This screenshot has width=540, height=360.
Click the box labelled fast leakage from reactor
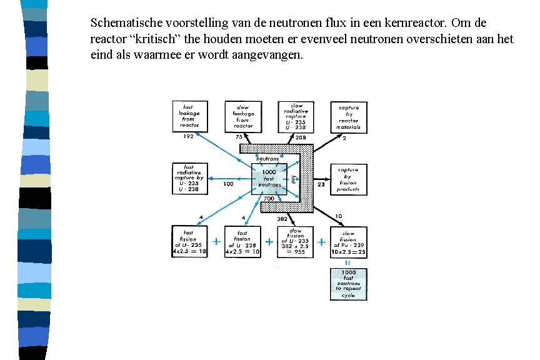tap(189, 116)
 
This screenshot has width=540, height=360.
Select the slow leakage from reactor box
tap(243, 116)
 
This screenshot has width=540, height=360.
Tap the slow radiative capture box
tap(296, 116)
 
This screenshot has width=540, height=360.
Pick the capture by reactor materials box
tap(348, 116)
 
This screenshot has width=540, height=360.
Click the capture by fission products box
tap(348, 179)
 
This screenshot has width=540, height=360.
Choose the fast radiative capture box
tap(189, 179)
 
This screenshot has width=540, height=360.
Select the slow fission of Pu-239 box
tap(348, 242)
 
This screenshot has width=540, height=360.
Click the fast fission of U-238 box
tap(243, 242)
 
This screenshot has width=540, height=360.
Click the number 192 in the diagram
tap(188, 136)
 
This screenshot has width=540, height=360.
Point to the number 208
tap(301, 136)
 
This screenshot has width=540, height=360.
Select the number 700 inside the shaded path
tap(269, 199)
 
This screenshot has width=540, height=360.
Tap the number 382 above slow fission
tap(282, 220)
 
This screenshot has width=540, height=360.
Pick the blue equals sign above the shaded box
tap(348, 263)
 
